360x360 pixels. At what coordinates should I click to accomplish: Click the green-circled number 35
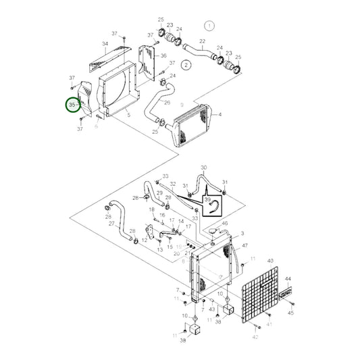72,107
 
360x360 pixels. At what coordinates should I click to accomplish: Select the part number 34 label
105,45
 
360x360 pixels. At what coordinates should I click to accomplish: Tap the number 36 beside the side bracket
163,55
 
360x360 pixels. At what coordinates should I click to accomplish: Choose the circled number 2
185,66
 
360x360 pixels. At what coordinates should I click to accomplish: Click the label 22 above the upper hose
201,41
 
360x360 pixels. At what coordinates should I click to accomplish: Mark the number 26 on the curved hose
167,103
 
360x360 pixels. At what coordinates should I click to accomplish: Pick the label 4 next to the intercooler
220,115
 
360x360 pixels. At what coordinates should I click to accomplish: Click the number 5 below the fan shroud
128,115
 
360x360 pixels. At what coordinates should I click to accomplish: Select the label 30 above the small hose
204,168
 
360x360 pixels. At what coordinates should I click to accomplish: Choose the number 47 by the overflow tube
245,245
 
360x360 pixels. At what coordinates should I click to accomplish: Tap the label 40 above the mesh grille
270,261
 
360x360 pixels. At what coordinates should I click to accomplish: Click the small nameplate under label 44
284,294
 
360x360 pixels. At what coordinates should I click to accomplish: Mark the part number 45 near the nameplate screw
291,313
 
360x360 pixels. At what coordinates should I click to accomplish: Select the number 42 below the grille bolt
255,336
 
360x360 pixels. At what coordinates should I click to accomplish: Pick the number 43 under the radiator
212,309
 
